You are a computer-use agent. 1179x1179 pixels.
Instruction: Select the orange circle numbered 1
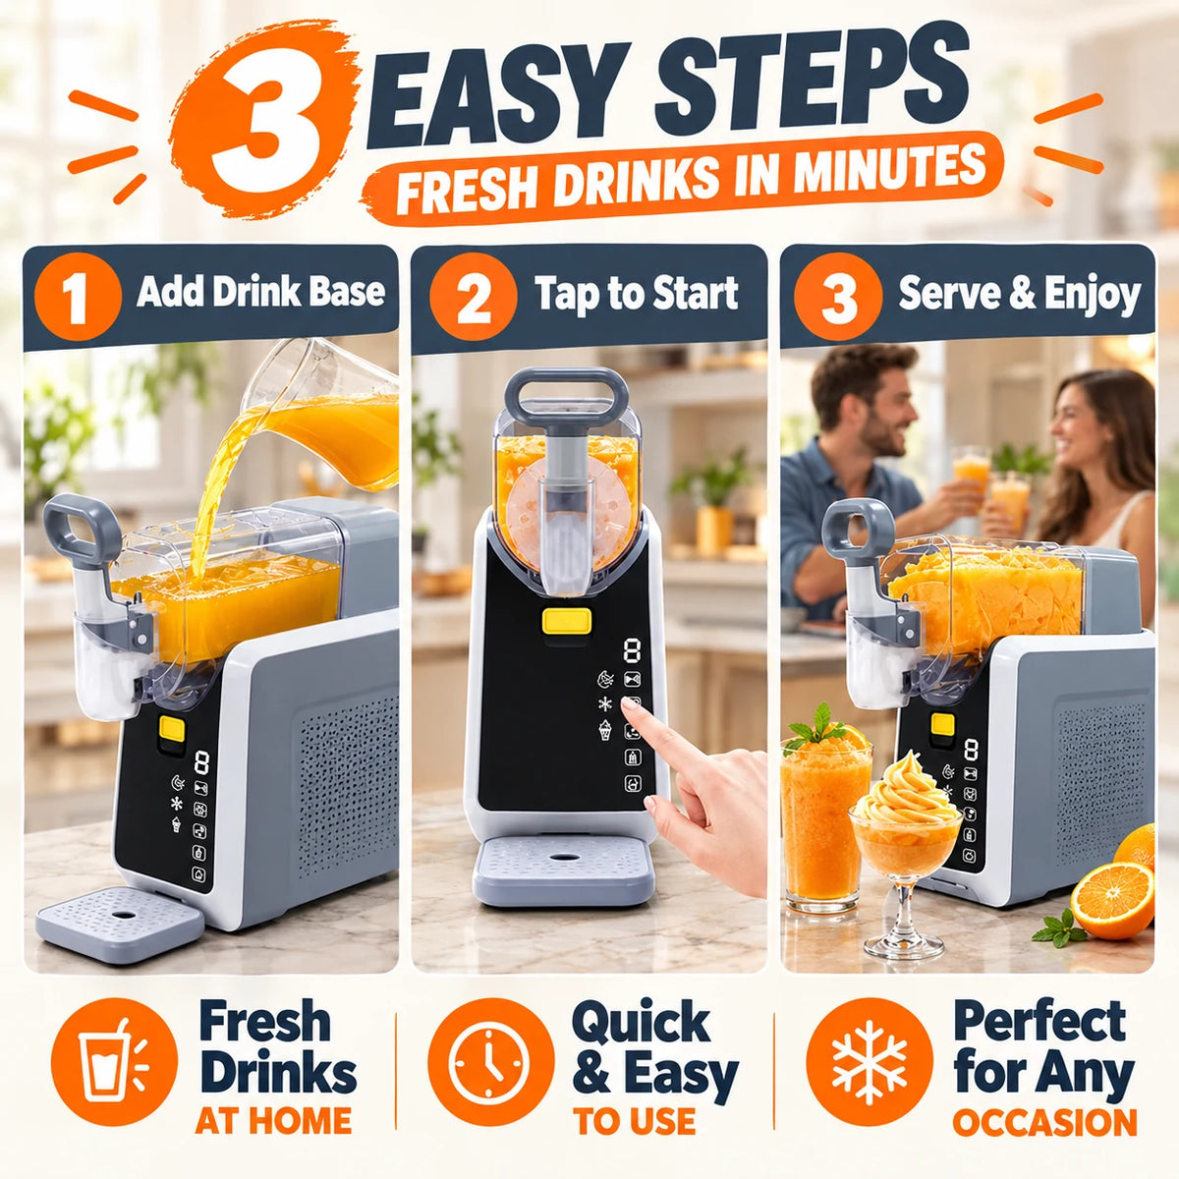coord(77,296)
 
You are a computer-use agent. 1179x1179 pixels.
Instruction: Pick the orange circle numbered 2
coord(473,296)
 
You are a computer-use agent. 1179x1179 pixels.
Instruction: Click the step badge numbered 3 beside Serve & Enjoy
coord(838,296)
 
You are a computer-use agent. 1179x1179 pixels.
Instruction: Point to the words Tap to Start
coord(637,294)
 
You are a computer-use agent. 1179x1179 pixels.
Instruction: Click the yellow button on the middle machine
coord(566,620)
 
